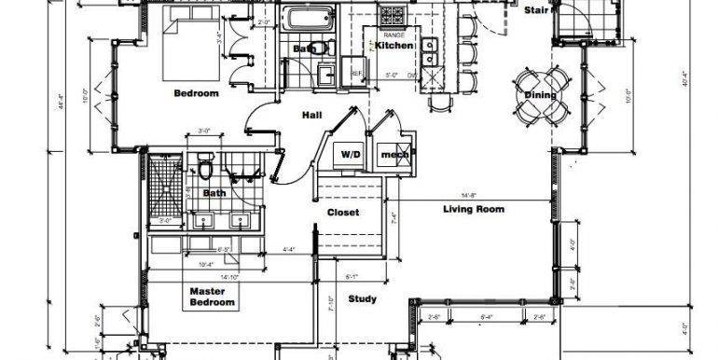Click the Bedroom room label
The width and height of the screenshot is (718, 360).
(196, 93)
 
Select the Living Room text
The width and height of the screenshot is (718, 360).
(473, 210)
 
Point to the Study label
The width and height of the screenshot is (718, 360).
(362, 299)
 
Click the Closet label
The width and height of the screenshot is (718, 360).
(342, 213)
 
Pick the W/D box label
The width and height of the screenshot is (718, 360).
(350, 154)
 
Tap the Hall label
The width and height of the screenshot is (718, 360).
(311, 116)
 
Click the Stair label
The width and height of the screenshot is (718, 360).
(535, 11)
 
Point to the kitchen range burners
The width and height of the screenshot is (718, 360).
(386, 17)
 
